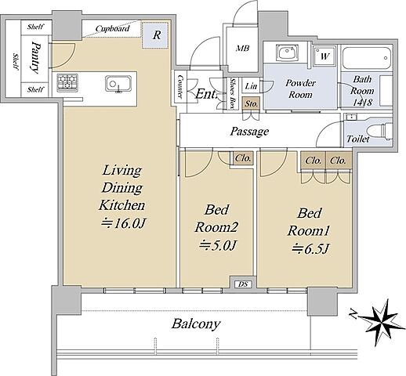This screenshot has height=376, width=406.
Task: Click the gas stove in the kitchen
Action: [x=67, y=82]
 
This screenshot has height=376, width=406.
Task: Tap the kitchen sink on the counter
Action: [x=118, y=84]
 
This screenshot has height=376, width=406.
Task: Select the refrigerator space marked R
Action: [x=155, y=35]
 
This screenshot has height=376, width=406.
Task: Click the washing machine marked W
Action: [x=324, y=56]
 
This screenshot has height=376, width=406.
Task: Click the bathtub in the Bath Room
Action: [x=367, y=58]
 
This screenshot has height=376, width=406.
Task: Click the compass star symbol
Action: [x=382, y=322]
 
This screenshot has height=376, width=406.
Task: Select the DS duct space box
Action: [x=243, y=284]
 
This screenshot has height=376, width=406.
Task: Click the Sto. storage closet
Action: [x=251, y=103]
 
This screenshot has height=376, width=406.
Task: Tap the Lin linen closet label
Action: [x=251, y=85]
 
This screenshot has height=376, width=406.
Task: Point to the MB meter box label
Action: [x=243, y=49]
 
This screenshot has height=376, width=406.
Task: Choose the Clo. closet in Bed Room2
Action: [x=243, y=158]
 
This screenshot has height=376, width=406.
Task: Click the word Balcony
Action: [x=196, y=324]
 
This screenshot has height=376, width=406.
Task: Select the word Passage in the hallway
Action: [x=249, y=131]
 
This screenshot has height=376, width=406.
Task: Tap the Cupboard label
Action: [x=112, y=28]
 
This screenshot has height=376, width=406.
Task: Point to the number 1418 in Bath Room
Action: [x=362, y=103]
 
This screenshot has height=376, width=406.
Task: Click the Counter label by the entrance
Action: [x=179, y=86]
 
